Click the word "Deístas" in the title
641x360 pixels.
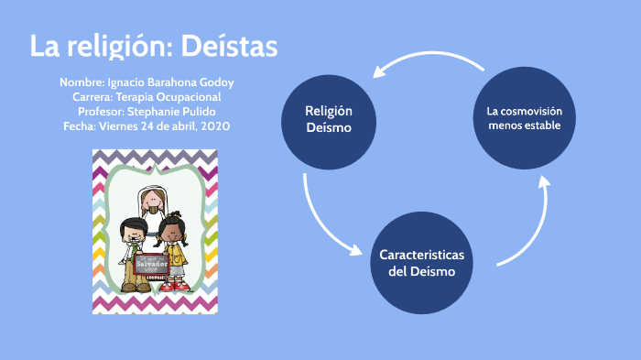(x=229, y=47)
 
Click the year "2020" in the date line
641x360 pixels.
(x=214, y=125)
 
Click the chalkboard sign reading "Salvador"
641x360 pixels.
(x=151, y=264)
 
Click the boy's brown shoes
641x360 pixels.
(x=130, y=288)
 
